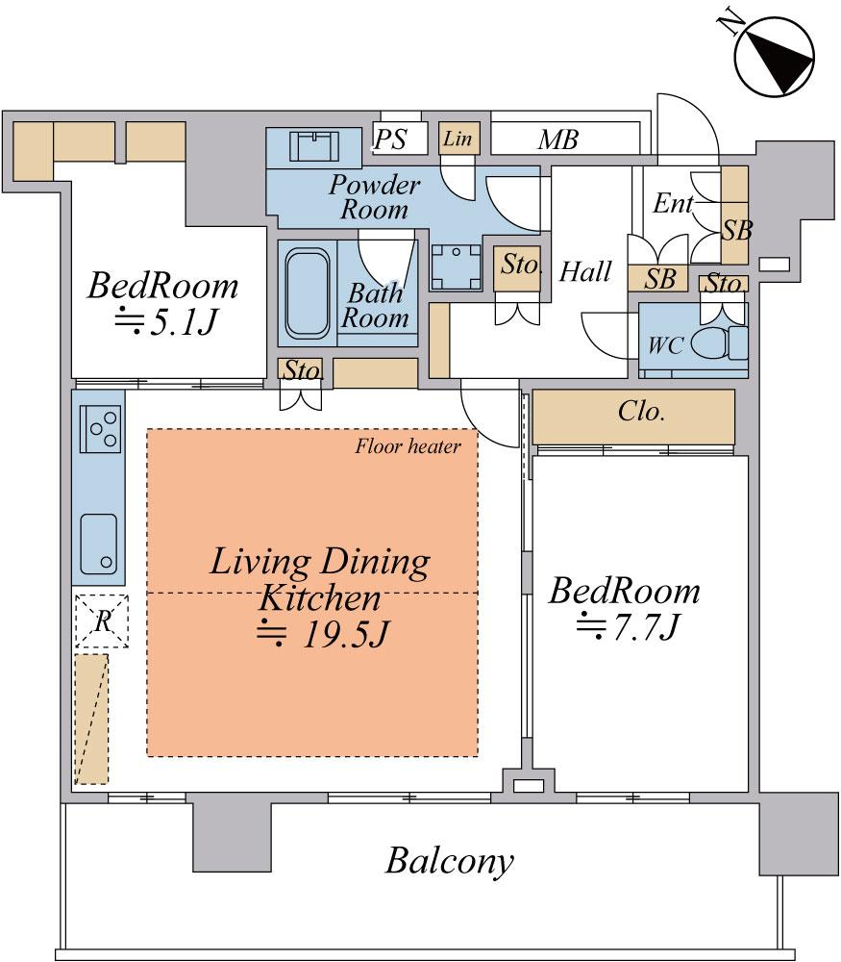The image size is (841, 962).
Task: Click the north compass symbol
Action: point(775,55)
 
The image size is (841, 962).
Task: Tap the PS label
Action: point(390,140)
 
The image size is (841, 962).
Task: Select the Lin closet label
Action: point(458,139)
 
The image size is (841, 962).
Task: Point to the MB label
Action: point(557,140)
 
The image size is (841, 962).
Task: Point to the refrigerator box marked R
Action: point(100,621)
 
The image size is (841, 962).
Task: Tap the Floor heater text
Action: point(408,445)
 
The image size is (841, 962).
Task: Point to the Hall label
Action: point(585,272)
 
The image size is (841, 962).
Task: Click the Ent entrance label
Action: point(673,204)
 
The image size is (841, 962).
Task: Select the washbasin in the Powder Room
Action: point(315,148)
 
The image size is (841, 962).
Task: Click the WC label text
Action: point(666,345)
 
